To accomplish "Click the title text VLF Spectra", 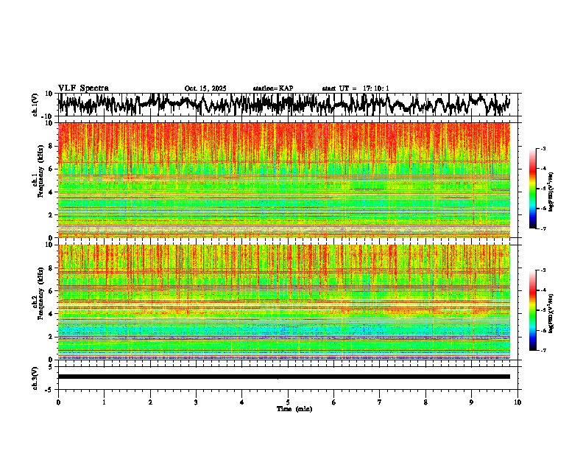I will point(83,88).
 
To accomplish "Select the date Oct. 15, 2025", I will point(205,88).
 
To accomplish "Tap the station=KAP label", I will point(273,88).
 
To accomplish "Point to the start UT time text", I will point(356,88).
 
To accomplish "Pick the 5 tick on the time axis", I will point(288,402).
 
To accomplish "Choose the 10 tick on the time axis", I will point(517,402).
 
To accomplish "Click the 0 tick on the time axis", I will point(58,402).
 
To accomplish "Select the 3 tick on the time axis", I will point(196,402).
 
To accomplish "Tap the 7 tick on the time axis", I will point(380,402).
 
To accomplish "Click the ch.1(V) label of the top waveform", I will point(35,105).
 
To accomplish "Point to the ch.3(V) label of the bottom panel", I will point(35,376).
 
